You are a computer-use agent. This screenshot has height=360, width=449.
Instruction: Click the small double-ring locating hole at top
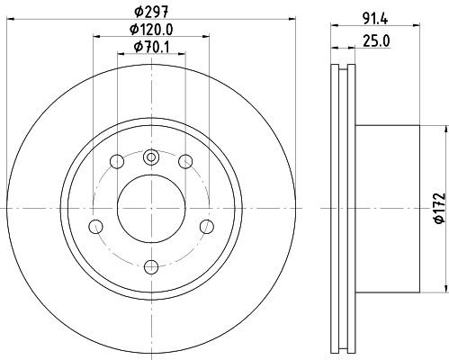151,157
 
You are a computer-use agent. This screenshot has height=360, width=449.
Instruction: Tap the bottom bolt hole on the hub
151,265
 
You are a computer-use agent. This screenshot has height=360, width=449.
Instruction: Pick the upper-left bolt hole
116,162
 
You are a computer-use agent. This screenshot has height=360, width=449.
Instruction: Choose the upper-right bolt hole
186,162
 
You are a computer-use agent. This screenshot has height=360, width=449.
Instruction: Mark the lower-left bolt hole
94,226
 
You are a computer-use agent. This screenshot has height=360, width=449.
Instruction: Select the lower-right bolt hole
208,226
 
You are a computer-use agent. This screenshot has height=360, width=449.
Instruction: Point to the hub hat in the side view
387,208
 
